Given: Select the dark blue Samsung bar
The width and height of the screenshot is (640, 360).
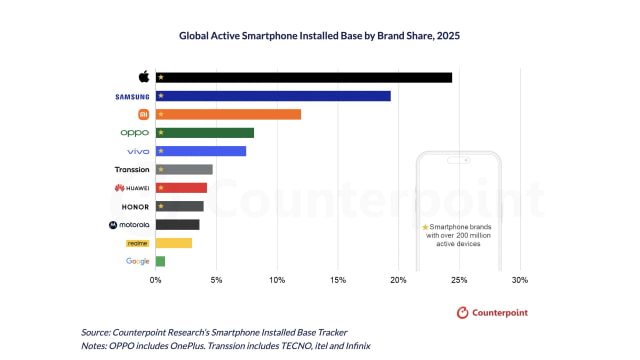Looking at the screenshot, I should pos(273,96).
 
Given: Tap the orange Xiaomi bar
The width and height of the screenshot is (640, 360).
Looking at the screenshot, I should pos(228,114).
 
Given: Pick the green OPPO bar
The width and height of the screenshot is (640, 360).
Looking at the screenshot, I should pos(204,133).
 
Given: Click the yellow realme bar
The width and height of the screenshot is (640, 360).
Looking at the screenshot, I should pos(173,243).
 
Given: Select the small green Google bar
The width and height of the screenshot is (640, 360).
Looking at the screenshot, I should pos(160,261).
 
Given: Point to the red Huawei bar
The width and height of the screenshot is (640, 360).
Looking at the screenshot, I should pos(181,188).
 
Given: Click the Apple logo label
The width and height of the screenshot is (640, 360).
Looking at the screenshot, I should pos(143,77).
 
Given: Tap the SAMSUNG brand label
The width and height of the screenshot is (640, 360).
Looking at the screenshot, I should pos(132,96).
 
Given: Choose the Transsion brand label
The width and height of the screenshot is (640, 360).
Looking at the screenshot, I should pos(132,169).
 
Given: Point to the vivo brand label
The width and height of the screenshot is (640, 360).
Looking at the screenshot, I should pos(137,151).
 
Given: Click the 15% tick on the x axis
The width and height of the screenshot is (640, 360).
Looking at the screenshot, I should pos(338,280).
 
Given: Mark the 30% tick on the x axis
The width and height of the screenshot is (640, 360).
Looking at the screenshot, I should pos(520,280).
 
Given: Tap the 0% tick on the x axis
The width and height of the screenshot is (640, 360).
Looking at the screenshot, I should pos(156,280).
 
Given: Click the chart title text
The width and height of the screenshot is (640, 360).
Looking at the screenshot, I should pos(319,34).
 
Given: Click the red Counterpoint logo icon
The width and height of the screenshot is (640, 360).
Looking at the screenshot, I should pos(463,313).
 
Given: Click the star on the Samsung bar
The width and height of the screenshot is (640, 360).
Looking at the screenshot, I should pos(161,96).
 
